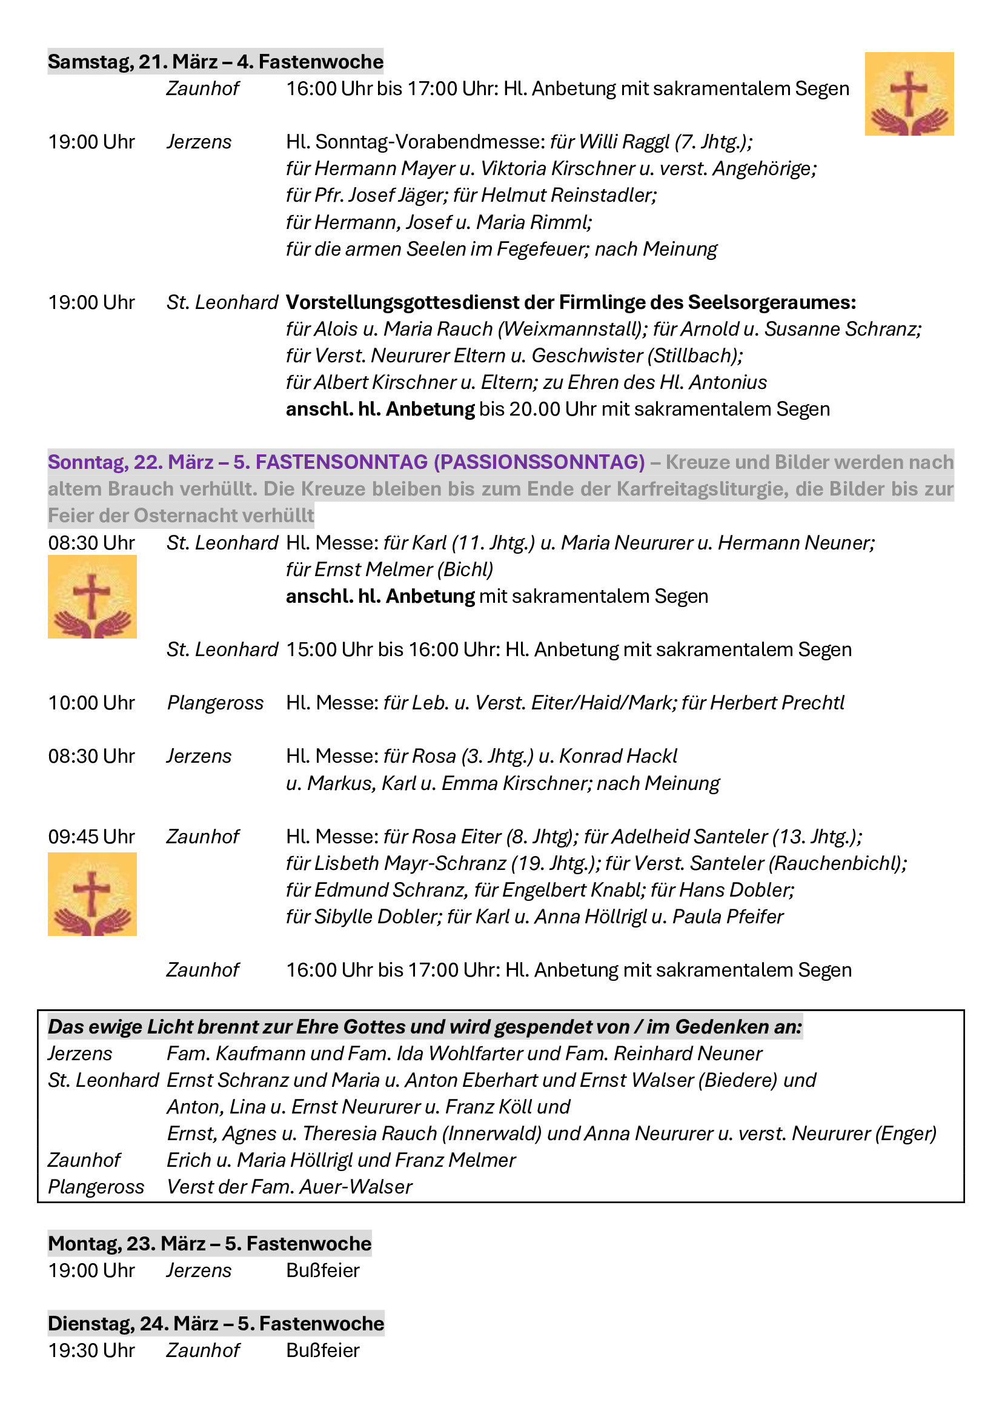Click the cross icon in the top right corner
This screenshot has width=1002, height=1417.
tap(909, 94)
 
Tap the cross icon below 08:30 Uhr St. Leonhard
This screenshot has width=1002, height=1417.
tap(93, 596)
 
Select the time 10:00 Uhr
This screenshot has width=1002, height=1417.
tap(91, 703)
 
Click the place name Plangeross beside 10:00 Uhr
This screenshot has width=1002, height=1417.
tap(215, 703)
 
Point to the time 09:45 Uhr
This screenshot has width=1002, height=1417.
tap(91, 837)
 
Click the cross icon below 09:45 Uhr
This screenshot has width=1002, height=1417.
tap(93, 894)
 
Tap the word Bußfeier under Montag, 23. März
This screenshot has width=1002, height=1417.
tap(323, 1271)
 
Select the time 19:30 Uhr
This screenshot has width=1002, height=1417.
tap(91, 1350)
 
